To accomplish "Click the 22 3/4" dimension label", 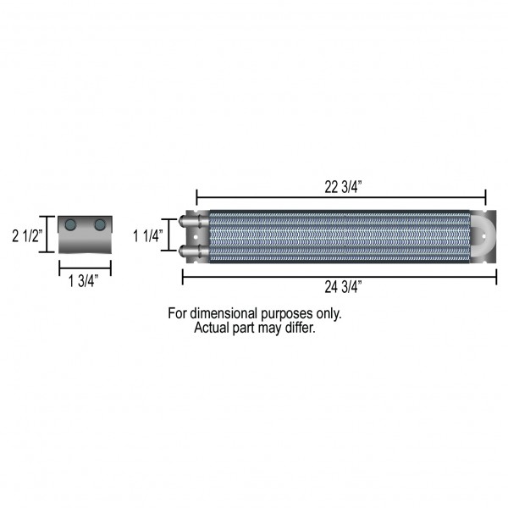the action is [x=343, y=187].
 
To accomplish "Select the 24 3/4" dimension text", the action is [x=343, y=287].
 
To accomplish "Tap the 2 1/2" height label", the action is [x=27, y=236].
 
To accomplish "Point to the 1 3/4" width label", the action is [x=83, y=280].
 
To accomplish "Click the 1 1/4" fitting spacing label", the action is [x=147, y=236].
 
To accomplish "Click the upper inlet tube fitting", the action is [x=194, y=221].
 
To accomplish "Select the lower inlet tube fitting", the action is [x=194, y=251].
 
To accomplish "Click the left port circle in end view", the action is [x=70, y=224].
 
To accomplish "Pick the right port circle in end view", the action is [x=100, y=224].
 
